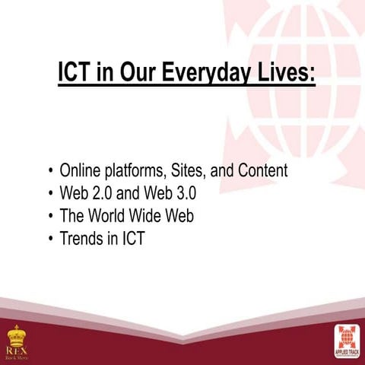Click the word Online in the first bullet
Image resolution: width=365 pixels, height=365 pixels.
[x=81, y=171]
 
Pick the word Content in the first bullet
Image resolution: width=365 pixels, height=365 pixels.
[x=262, y=171]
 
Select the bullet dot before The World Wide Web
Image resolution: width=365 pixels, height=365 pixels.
[x=50, y=217]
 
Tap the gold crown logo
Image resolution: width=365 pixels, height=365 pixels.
[x=14, y=335]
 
